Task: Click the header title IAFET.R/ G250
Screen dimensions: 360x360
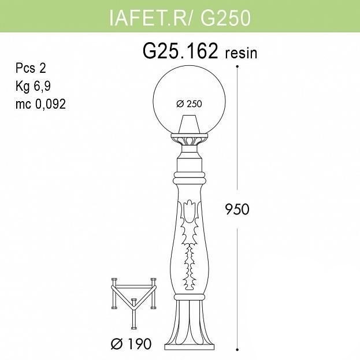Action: (x=180, y=18)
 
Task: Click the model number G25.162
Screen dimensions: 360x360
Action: (x=180, y=51)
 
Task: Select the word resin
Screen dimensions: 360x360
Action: (x=241, y=54)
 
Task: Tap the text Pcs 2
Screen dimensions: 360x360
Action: (x=31, y=68)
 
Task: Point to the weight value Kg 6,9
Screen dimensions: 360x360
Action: (x=33, y=86)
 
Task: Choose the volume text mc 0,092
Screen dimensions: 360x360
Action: (x=40, y=104)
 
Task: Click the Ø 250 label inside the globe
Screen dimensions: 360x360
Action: (x=189, y=104)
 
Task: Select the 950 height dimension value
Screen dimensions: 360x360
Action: (x=237, y=209)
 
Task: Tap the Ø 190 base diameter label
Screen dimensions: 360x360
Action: (x=131, y=344)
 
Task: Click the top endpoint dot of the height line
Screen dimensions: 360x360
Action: (x=237, y=66)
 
